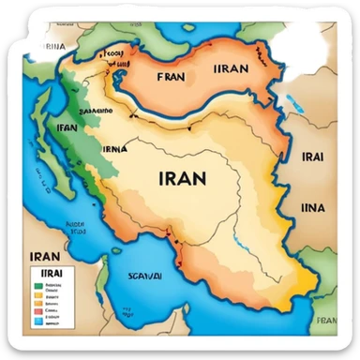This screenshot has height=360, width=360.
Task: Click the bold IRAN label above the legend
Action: tap(45, 254)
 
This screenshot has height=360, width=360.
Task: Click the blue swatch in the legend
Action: tap(38, 321)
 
